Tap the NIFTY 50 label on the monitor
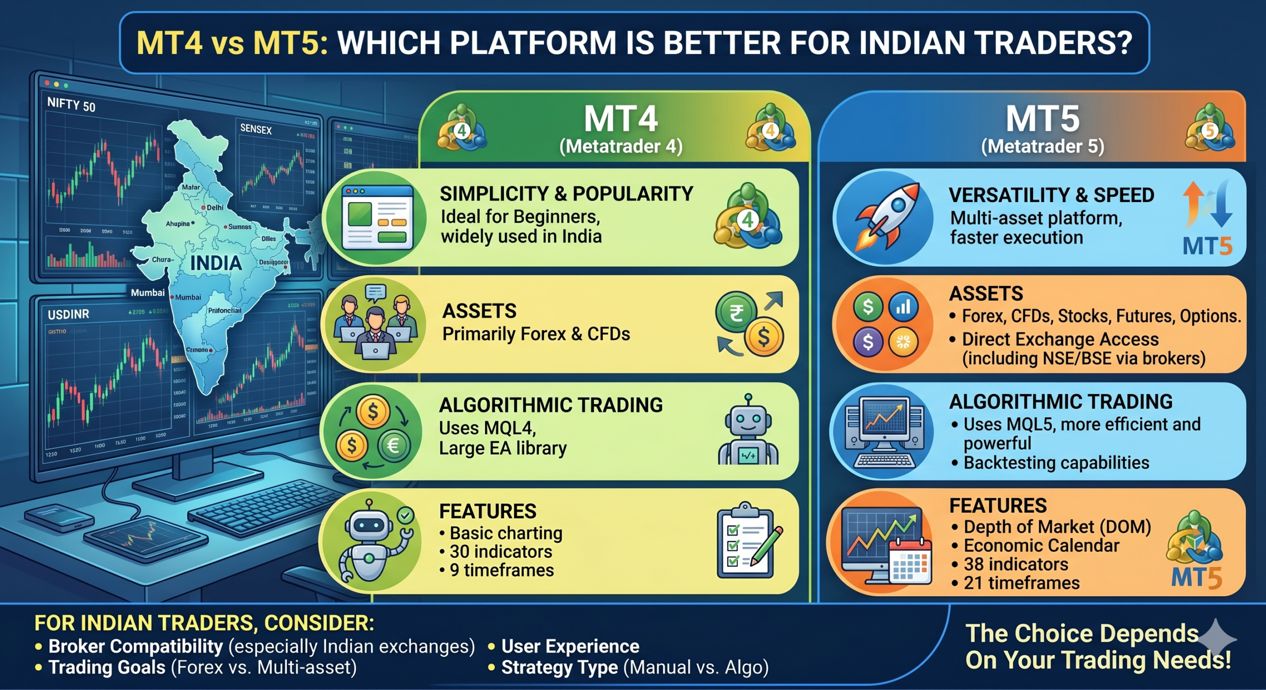click(71, 104)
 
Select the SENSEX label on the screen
click(256, 129)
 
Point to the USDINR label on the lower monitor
click(68, 314)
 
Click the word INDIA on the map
click(216, 263)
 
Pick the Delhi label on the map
click(215, 208)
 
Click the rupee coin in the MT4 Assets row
click(736, 312)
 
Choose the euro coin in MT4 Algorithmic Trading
click(394, 446)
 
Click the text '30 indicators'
click(500, 552)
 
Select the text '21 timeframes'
click(1021, 583)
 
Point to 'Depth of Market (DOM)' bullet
click(1057, 527)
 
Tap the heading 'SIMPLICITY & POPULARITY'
click(566, 194)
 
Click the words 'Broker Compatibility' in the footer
click(136, 647)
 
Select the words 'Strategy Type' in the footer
click(559, 667)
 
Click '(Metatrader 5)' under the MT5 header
click(1042, 146)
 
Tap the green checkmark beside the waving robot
click(406, 516)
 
